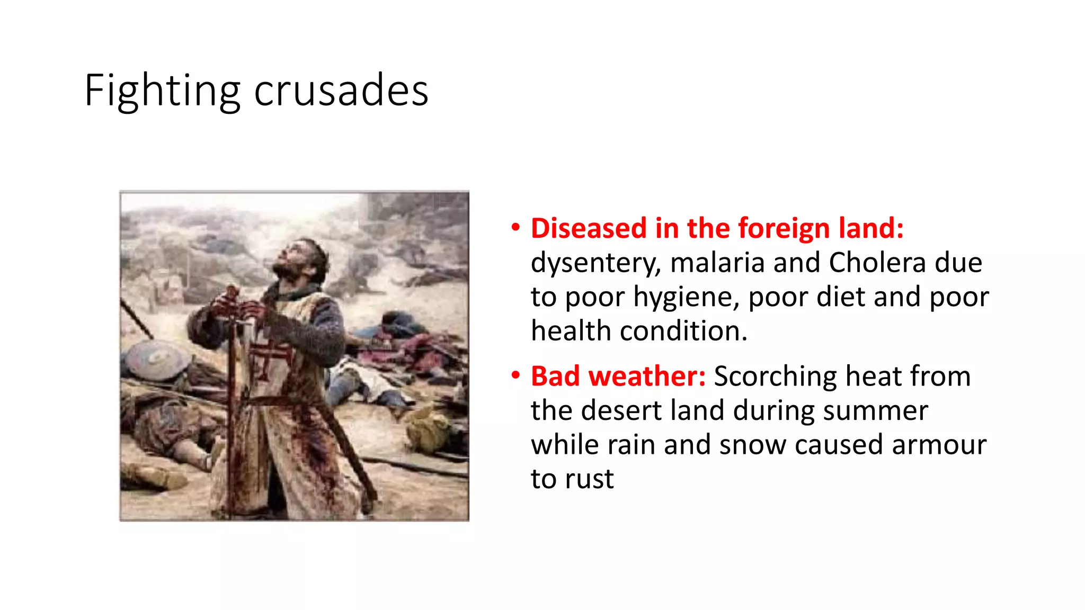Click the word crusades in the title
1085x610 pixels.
point(341,91)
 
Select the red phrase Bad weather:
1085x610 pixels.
point(618,376)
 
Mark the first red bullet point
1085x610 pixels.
point(515,228)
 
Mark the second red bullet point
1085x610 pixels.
point(515,376)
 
